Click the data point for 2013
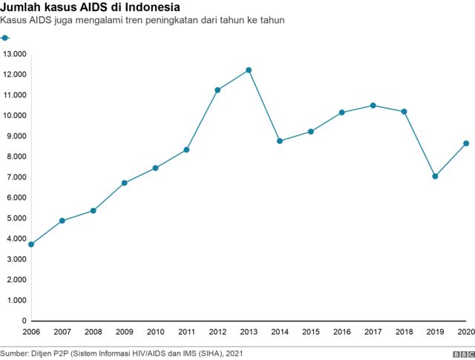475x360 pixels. coord(249,70)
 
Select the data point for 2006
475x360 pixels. coord(30,244)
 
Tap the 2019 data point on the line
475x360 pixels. coord(435,177)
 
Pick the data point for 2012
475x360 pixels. coord(217,90)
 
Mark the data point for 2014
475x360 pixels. coord(280,141)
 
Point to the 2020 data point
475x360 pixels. coord(466,143)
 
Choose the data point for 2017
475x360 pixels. coord(373,105)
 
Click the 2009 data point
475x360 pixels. coord(124,183)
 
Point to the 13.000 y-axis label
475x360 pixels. coord(15,54)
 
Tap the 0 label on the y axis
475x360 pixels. coord(24,321)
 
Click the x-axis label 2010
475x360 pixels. coord(155,332)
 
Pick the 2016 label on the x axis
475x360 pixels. coord(341,332)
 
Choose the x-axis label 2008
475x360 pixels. coord(93,332)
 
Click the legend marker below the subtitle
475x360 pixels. coord(5,37)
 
